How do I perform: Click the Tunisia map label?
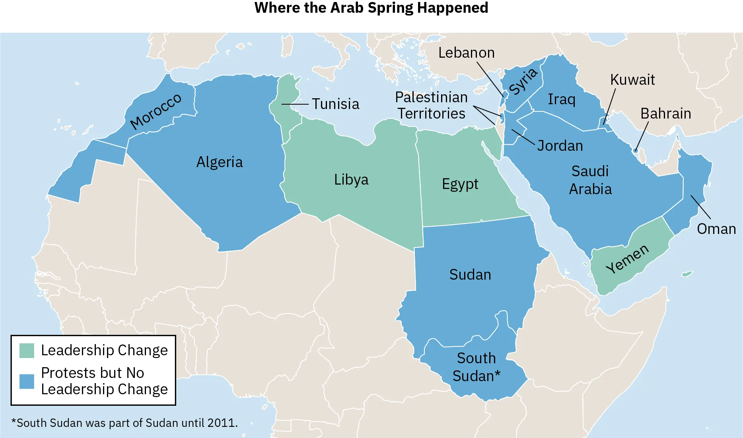tap(335, 104)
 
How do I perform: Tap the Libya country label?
tap(351, 179)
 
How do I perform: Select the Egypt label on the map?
tap(460, 184)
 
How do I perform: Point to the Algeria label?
tap(220, 162)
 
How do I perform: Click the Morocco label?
tap(156, 111)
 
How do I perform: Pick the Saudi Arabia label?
tap(590, 180)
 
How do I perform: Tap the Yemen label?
tap(627, 259)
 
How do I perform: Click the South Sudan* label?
tap(477, 367)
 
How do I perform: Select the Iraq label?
tap(562, 99)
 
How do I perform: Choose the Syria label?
tap(523, 82)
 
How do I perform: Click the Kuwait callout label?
tap(632, 80)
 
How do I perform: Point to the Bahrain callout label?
tap(665, 113)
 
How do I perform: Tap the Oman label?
tap(716, 229)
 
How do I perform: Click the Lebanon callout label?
tap(467, 53)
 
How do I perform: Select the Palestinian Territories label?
tap(432, 105)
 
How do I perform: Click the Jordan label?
tap(560, 146)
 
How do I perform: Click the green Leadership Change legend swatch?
tap(27, 350)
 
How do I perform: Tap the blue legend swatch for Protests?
tap(27, 381)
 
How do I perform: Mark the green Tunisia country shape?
tap(286, 99)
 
